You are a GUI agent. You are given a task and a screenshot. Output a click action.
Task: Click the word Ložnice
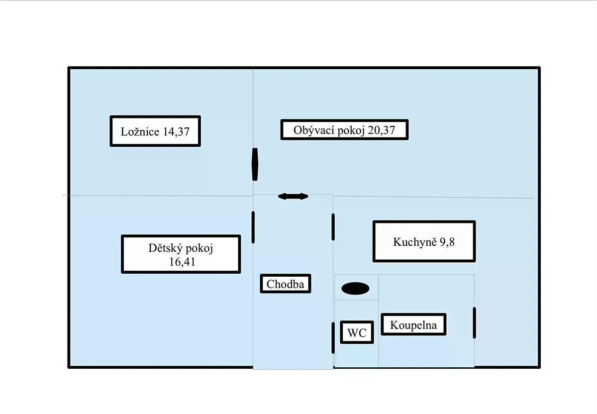[140, 132]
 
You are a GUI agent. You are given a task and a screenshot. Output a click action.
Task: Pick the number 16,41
[182, 262]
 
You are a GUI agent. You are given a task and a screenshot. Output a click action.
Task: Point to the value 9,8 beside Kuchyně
[447, 242]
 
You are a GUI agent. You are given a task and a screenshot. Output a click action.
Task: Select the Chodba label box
[286, 284]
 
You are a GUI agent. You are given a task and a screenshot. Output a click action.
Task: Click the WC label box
[357, 333]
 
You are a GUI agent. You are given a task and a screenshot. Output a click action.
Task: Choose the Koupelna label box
[413, 325]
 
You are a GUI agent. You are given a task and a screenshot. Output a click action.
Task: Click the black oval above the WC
[355, 288]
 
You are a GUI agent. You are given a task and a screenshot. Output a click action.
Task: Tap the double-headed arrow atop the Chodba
[293, 197]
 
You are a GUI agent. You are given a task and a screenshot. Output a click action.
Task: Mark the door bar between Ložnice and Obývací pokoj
[255, 164]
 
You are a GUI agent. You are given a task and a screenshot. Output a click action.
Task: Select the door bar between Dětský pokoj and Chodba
[253, 227]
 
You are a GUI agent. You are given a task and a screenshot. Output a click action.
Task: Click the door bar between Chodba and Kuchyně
[333, 227]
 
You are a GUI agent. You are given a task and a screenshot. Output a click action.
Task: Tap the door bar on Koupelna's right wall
[474, 323]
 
